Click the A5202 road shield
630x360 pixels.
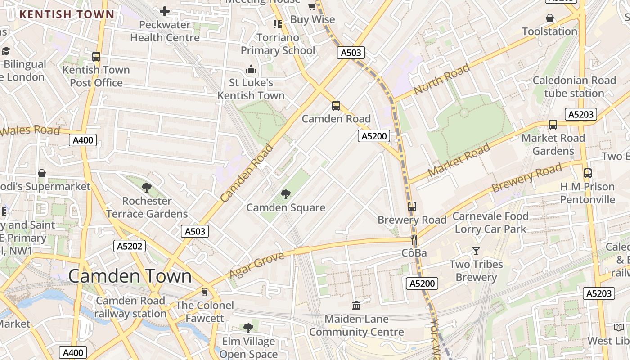coord(130,246)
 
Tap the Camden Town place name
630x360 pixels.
coord(130,276)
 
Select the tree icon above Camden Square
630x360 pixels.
coord(285,194)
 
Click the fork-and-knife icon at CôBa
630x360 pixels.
coord(414,240)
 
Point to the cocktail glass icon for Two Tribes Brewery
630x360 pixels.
coord(476,251)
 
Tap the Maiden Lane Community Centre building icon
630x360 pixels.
coord(356,306)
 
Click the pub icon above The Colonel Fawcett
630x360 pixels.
coord(205,292)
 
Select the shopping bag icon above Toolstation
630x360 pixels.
coord(549,18)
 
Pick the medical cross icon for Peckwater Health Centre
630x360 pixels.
coord(165,11)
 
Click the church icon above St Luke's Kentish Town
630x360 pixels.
coord(251,69)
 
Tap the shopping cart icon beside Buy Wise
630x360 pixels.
coord(312,6)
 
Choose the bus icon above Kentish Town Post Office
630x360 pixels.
coord(96,57)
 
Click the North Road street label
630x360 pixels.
coord(441,79)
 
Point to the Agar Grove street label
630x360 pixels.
coord(257,265)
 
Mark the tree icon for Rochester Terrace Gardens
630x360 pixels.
coord(146,188)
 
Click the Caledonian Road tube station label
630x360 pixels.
coord(574,87)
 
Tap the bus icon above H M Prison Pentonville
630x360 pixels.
coord(587,173)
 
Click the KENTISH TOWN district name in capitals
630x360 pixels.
coord(67,14)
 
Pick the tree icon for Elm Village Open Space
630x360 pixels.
coord(248,328)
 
